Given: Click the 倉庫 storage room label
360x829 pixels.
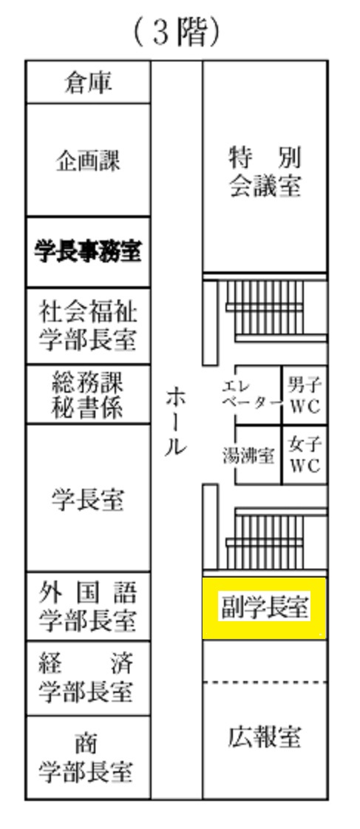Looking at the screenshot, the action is (x=88, y=83).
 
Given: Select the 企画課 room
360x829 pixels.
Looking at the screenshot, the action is (x=88, y=160).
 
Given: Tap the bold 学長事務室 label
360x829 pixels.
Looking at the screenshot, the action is (x=88, y=251).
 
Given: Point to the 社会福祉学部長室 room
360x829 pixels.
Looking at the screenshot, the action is (x=88, y=325).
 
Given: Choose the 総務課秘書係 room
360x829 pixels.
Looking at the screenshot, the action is (x=88, y=394).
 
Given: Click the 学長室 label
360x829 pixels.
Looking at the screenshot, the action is (x=88, y=499).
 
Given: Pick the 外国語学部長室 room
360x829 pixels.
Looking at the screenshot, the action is (x=88, y=606).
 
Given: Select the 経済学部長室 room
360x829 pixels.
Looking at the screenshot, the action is (x=88, y=679).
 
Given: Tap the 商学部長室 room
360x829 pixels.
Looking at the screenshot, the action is (x=88, y=757).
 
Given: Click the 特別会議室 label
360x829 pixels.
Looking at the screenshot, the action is (x=265, y=172).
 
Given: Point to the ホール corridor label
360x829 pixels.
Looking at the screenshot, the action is (x=176, y=422).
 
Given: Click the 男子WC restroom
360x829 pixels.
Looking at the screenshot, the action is (x=305, y=395).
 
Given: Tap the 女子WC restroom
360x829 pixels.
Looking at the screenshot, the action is (x=305, y=455).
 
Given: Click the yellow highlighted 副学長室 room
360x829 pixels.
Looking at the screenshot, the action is (x=265, y=608).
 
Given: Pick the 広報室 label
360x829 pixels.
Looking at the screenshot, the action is (x=265, y=737).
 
